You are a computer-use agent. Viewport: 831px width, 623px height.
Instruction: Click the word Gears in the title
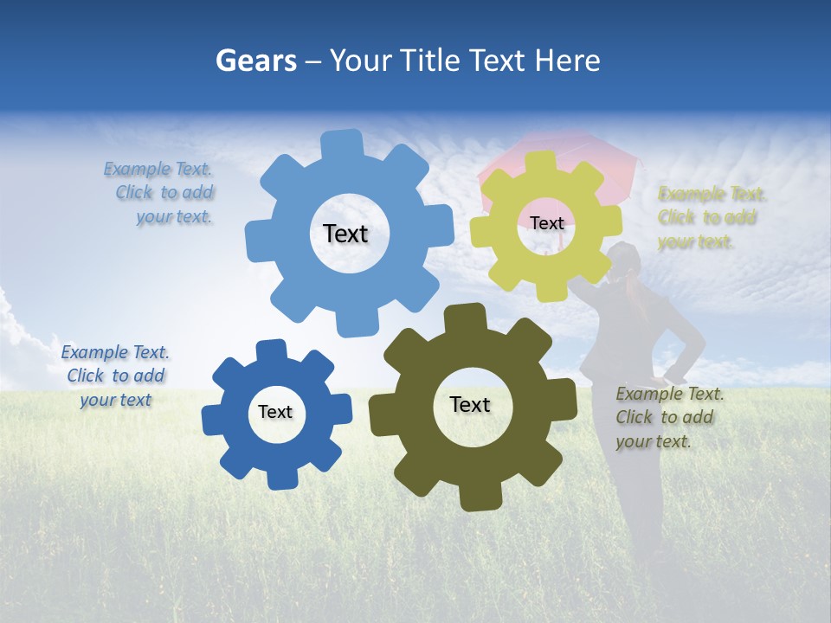click(x=255, y=61)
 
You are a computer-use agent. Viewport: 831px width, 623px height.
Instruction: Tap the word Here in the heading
click(x=567, y=61)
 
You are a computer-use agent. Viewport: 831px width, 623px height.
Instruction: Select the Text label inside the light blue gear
click(x=345, y=234)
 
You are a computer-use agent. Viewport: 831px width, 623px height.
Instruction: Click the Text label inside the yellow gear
click(x=546, y=223)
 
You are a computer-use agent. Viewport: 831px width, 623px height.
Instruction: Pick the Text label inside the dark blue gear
click(x=275, y=412)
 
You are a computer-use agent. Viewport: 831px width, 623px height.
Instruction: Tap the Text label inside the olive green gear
click(x=470, y=404)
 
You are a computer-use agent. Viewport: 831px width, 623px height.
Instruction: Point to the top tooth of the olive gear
click(x=467, y=318)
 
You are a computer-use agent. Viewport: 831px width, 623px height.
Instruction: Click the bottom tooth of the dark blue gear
click(x=280, y=477)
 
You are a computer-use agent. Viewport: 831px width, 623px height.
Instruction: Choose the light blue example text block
click(x=164, y=193)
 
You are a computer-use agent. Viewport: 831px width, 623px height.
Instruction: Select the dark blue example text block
click(x=115, y=376)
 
